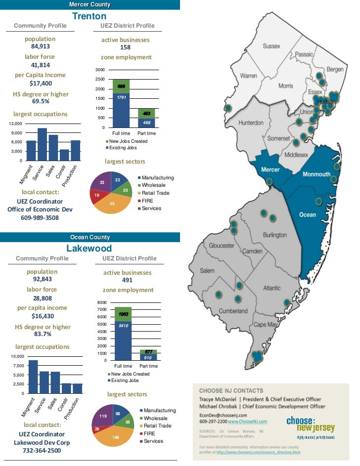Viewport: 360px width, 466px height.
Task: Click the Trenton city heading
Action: pyautogui.click(x=89, y=16)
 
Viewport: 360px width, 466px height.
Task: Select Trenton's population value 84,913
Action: pyautogui.click(x=41, y=46)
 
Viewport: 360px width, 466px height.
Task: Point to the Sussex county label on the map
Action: pyautogui.click(x=271, y=46)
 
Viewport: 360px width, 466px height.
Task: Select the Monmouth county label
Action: pyautogui.click(x=316, y=174)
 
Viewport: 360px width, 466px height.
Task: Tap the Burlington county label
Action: pyautogui.click(x=274, y=235)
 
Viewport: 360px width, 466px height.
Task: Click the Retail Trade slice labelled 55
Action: pyautogui.click(x=112, y=203)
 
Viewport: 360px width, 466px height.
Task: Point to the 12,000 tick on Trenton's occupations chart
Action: pyautogui.click(x=14, y=124)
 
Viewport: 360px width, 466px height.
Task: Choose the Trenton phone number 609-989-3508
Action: pyautogui.click(x=40, y=217)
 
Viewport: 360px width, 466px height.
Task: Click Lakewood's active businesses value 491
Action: pyautogui.click(x=127, y=280)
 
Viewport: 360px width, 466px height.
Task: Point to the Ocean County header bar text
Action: pyautogui.click(x=90, y=238)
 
